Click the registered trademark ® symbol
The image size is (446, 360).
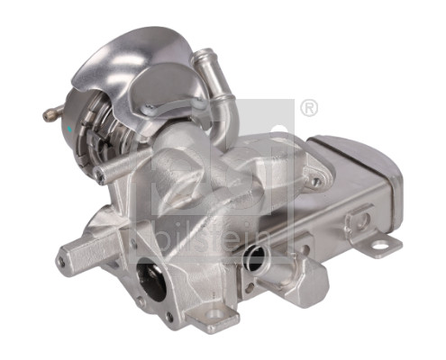(x=308, y=108)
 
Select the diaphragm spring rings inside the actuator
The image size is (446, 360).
(x=95, y=136)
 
